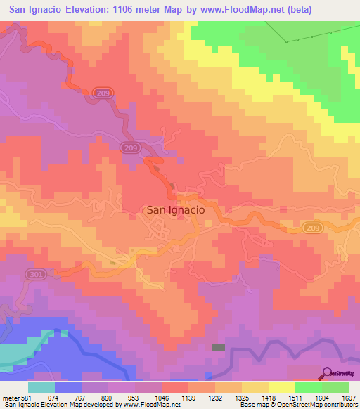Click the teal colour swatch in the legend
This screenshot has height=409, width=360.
(x=41, y=387)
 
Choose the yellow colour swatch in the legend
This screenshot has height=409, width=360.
(x=281, y=387)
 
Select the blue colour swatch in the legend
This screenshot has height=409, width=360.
(x=68, y=387)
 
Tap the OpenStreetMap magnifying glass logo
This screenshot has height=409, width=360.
(x=327, y=372)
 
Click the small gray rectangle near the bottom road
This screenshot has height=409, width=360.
(x=219, y=347)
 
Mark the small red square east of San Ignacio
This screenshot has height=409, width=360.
(x=283, y=209)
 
